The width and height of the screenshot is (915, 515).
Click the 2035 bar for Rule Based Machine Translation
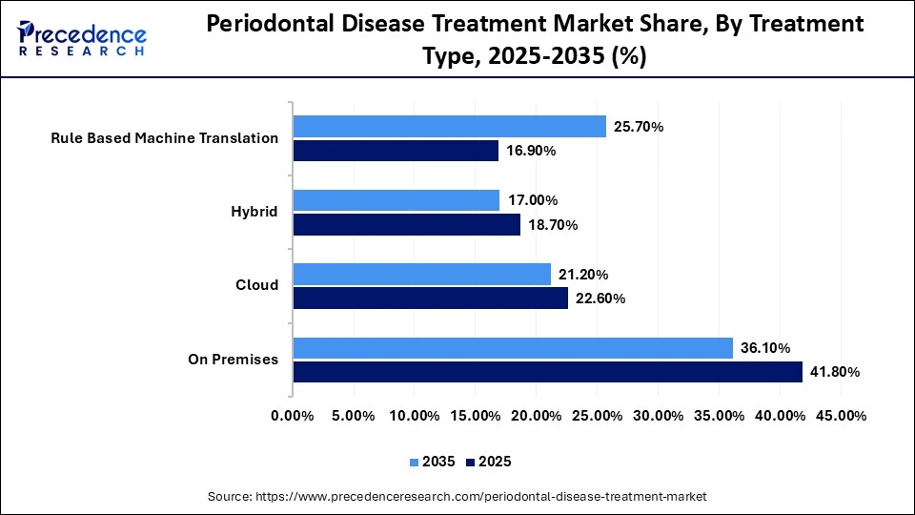[x=449, y=126]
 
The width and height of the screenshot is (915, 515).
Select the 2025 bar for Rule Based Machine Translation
[x=396, y=151]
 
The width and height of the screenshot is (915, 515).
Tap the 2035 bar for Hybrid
[x=396, y=200]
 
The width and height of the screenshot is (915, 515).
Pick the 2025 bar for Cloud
[x=430, y=299]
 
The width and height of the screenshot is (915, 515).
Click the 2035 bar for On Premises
[x=513, y=348]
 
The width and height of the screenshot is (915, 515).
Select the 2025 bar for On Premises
[x=547, y=372]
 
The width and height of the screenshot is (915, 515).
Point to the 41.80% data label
[x=834, y=372]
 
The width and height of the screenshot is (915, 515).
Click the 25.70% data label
[x=638, y=126]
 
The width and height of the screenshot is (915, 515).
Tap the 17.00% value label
[x=532, y=200]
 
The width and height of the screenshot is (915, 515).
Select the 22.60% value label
[x=600, y=299]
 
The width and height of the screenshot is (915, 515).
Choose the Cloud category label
[x=257, y=285]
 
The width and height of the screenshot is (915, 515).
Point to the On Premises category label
[x=234, y=360]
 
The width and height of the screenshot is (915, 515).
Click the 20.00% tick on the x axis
[x=536, y=416]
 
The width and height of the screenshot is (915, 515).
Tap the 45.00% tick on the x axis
[x=841, y=416]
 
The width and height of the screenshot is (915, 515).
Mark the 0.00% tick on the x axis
[x=293, y=416]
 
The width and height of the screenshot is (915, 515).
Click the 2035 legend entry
[x=434, y=462]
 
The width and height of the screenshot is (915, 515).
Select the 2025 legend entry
[x=489, y=462]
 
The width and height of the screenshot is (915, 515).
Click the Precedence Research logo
[x=82, y=38]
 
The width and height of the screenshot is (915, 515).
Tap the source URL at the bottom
[x=457, y=497]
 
